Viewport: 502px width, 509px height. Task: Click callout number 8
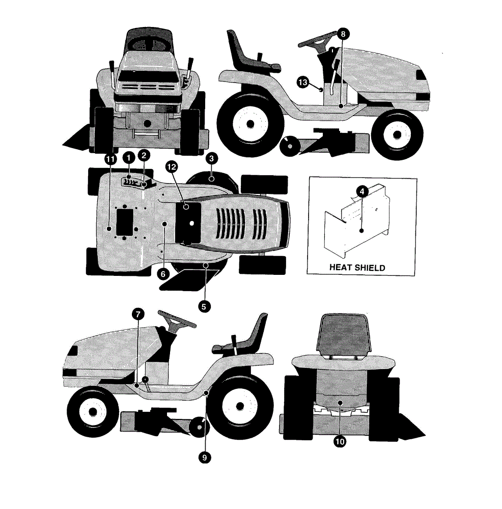[x=343, y=34]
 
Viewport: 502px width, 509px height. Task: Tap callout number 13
[x=302, y=82]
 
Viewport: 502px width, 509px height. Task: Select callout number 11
[x=110, y=159]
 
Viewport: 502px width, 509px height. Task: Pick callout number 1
[x=129, y=158]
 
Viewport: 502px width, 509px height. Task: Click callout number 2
[x=144, y=155]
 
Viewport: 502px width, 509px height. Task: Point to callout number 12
[x=172, y=167]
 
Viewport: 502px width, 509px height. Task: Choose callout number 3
[x=212, y=158]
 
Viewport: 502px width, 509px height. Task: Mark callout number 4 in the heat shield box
[x=362, y=191]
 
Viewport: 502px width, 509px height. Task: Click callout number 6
[x=163, y=274]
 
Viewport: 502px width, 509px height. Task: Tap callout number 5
[x=204, y=306]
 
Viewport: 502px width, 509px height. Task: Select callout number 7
[x=138, y=314]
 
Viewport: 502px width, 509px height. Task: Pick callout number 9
[x=205, y=458]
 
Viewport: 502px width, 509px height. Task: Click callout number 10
[x=340, y=441]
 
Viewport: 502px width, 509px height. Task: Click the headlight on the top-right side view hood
[x=422, y=75]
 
